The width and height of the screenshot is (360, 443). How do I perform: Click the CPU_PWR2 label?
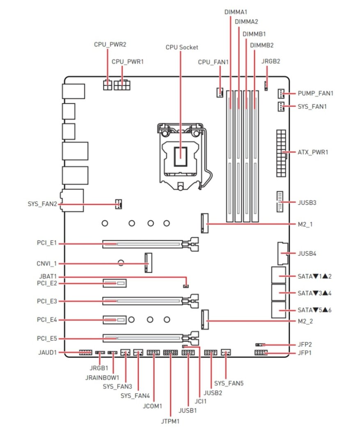[110, 44]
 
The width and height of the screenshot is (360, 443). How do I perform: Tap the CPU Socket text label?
[182, 47]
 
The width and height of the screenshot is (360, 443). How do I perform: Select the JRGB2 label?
[271, 61]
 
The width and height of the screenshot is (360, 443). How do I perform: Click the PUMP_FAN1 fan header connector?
[281, 94]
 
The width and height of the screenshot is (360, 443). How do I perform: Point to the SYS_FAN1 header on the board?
[281, 107]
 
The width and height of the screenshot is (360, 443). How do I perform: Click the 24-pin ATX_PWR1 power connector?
[281, 153]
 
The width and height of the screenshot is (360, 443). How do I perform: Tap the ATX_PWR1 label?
[313, 152]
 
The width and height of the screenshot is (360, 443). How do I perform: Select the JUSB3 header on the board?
[280, 202]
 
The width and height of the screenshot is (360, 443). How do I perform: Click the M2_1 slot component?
[204, 223]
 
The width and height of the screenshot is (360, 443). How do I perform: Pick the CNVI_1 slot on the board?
[148, 263]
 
